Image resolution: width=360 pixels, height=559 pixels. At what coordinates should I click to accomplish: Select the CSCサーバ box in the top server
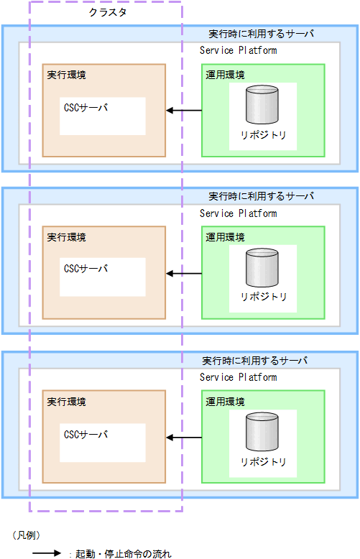pos(103,116)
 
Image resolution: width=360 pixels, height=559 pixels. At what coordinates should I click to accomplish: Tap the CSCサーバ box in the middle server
pos(103,277)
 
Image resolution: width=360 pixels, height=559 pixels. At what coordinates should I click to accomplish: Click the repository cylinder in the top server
pos(263,106)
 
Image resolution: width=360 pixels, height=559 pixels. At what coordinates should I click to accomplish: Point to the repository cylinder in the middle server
pos(263,268)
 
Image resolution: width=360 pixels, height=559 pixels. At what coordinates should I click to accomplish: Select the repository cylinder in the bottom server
pos(263,433)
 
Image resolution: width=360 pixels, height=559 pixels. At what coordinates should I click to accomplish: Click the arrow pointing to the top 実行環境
pos(184,111)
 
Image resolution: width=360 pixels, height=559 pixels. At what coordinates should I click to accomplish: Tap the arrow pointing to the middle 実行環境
pos(184,274)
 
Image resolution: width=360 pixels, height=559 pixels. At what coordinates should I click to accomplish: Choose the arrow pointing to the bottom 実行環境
pos(184,438)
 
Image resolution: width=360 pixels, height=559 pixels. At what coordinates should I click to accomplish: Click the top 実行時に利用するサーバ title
pos(262,33)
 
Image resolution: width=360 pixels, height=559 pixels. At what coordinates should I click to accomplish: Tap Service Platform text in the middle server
pos(238,213)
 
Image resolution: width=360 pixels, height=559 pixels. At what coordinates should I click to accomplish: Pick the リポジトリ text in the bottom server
pos(263,462)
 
